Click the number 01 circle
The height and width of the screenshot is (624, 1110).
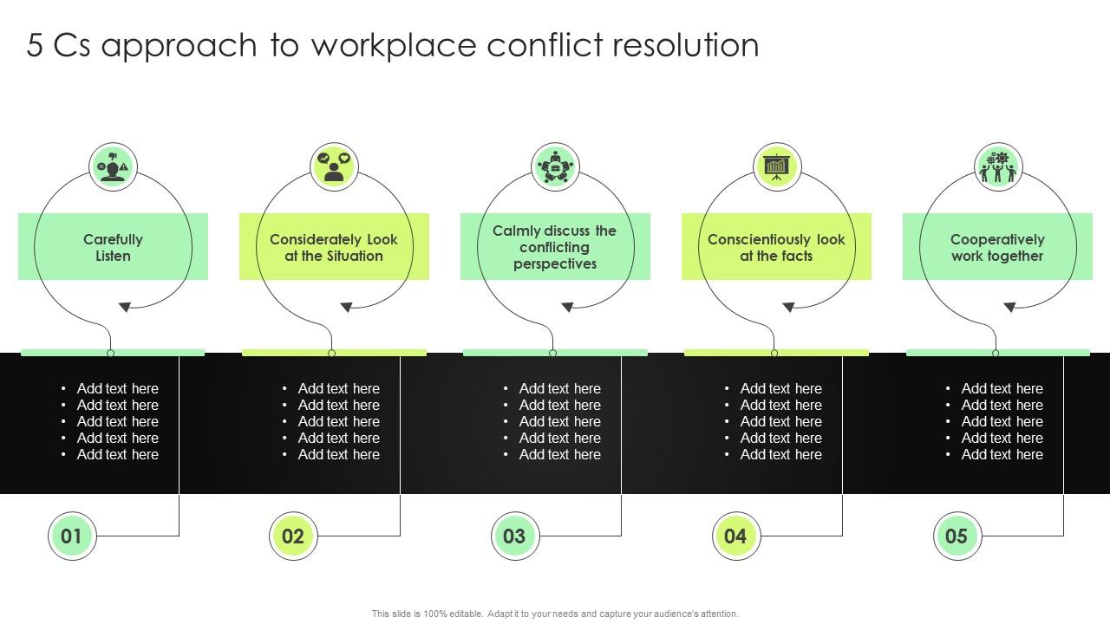pos(71,536)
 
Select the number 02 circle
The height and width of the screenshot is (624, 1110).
pos(293,536)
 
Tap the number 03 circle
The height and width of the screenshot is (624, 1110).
pos(514,536)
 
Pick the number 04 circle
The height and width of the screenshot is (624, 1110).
pos(735,536)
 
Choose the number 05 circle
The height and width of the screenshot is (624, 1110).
pos(957,536)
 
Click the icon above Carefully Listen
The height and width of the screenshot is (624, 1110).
pos(113,166)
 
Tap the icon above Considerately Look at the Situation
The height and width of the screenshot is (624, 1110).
pos(334,166)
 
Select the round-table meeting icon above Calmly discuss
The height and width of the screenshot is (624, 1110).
pos(555,166)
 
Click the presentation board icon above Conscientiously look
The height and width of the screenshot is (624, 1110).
pos(776,166)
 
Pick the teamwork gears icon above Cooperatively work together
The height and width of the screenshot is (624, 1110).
pos(997,166)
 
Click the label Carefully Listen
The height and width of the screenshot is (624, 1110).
pos(113,247)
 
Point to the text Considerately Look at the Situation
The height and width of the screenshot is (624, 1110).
pos(334,247)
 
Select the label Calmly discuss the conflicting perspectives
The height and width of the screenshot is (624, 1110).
pos(555,247)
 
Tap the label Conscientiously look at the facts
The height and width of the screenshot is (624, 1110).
pos(776,247)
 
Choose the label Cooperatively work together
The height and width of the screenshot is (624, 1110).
pos(997,247)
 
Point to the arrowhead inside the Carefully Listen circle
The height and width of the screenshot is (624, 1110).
pos(125,307)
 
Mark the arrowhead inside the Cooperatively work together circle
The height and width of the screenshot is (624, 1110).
pos(1009,307)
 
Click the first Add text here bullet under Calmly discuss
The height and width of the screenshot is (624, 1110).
pos(559,388)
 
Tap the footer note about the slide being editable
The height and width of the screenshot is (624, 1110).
pos(555,614)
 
